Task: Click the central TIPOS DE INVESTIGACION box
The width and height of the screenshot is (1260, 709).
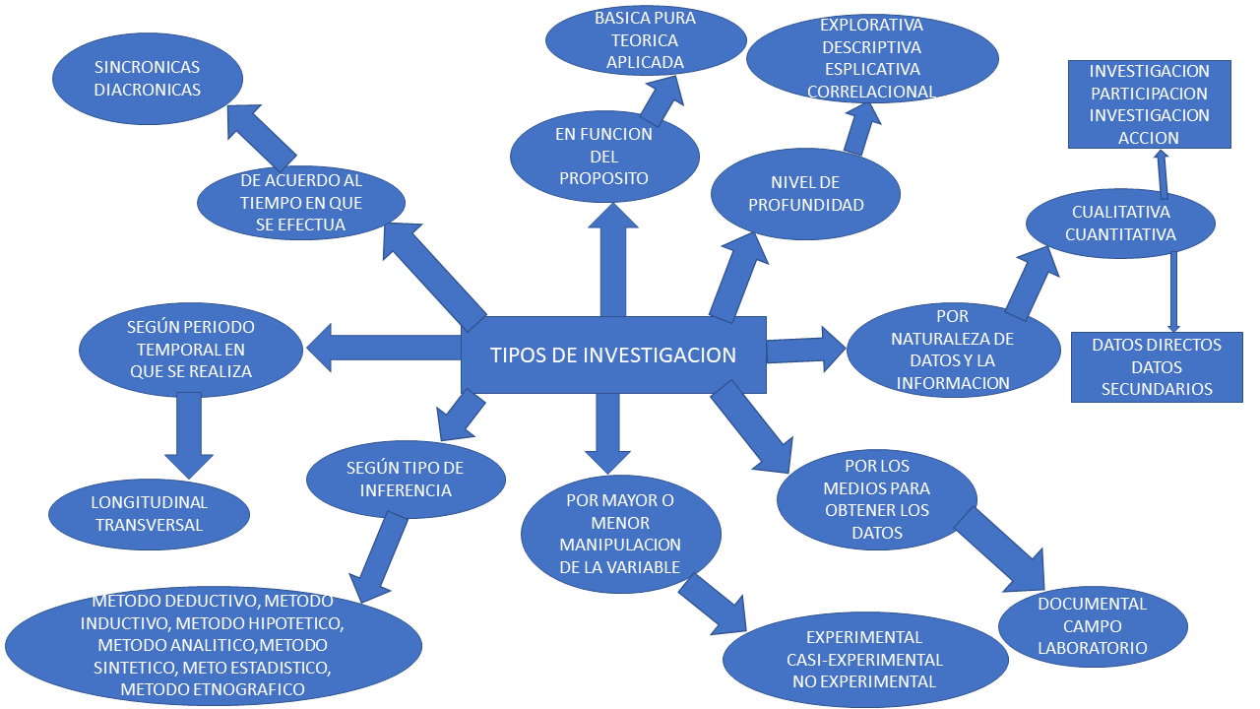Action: (x=613, y=354)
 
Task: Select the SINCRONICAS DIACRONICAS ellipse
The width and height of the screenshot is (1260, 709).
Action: (x=148, y=79)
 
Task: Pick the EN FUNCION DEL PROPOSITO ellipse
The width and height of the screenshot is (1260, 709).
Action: (x=604, y=157)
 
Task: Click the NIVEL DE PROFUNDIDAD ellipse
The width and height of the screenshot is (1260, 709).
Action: (x=805, y=193)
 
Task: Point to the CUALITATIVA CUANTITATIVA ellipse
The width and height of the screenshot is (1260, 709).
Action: (x=1120, y=224)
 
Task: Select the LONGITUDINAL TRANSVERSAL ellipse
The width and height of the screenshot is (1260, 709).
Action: (x=150, y=514)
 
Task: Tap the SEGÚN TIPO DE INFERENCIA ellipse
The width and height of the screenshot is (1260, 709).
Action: (x=406, y=479)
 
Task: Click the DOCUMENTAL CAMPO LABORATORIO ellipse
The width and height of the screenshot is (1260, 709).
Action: (x=1093, y=625)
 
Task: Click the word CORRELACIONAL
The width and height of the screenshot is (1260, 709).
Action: (x=871, y=92)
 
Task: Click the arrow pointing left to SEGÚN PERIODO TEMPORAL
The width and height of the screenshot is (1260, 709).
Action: (x=384, y=346)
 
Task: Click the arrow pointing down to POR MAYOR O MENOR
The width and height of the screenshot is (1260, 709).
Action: (x=606, y=431)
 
